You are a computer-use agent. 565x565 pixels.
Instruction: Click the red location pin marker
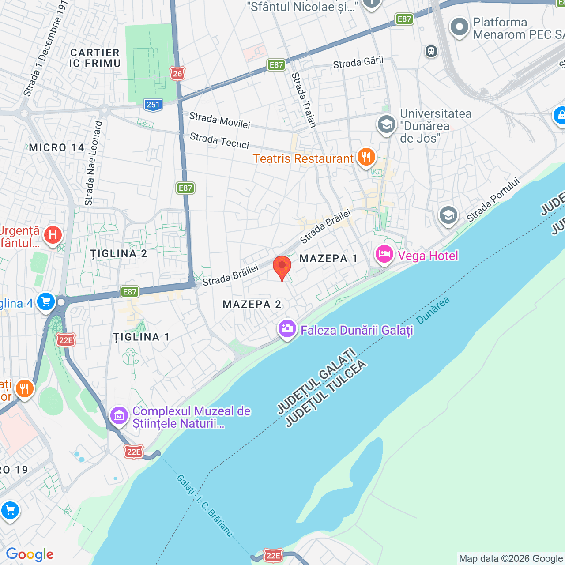(x=282, y=267)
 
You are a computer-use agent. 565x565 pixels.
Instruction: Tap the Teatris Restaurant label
(x=303, y=159)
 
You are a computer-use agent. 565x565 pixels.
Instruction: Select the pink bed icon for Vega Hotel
(x=384, y=255)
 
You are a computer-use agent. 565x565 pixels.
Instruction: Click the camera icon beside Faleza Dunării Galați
(x=287, y=329)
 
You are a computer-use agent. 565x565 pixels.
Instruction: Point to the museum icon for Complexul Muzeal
(x=119, y=416)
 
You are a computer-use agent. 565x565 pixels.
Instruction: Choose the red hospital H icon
(x=53, y=234)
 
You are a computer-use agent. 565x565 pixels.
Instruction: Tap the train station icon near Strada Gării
(x=431, y=51)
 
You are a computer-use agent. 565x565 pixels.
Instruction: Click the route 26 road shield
(x=177, y=73)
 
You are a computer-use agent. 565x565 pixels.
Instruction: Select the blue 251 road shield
(x=153, y=105)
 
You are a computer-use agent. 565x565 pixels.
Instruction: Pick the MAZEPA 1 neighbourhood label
(x=328, y=259)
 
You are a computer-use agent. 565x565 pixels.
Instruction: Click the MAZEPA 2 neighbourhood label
(x=252, y=305)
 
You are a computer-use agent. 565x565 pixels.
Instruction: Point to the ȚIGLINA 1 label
(x=142, y=337)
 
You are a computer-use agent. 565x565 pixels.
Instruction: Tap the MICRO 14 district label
(x=56, y=148)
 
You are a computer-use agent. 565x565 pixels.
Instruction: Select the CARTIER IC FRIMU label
(x=95, y=58)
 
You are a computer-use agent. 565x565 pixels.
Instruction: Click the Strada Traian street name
(x=304, y=100)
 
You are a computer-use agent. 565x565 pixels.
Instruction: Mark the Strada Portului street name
(x=493, y=200)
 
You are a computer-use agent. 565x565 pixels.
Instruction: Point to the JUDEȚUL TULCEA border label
(x=327, y=394)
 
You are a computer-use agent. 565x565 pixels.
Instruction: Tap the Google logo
(x=30, y=554)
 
